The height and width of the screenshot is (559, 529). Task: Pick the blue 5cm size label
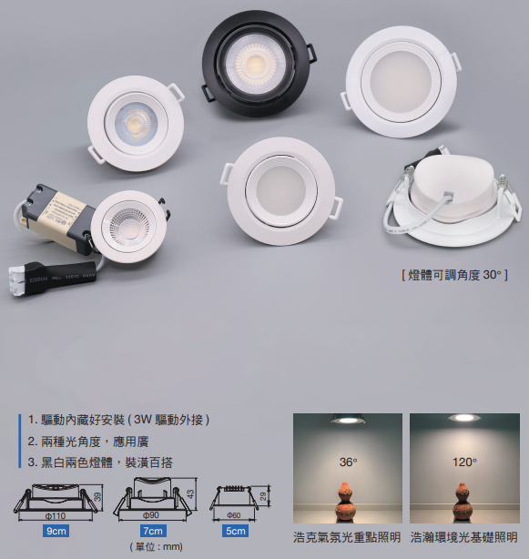click(235, 530)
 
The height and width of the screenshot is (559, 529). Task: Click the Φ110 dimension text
click(56, 515)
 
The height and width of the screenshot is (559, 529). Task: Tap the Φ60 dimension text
click(234, 515)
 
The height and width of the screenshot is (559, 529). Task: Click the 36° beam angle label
click(347, 462)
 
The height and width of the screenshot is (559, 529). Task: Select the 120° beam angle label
click(464, 462)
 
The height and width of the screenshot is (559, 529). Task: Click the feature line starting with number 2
click(82, 441)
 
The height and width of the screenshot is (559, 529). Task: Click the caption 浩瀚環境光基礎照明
click(464, 537)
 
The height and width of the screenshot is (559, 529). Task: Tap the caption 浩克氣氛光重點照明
click(347, 537)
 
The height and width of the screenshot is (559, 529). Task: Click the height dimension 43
click(190, 493)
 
